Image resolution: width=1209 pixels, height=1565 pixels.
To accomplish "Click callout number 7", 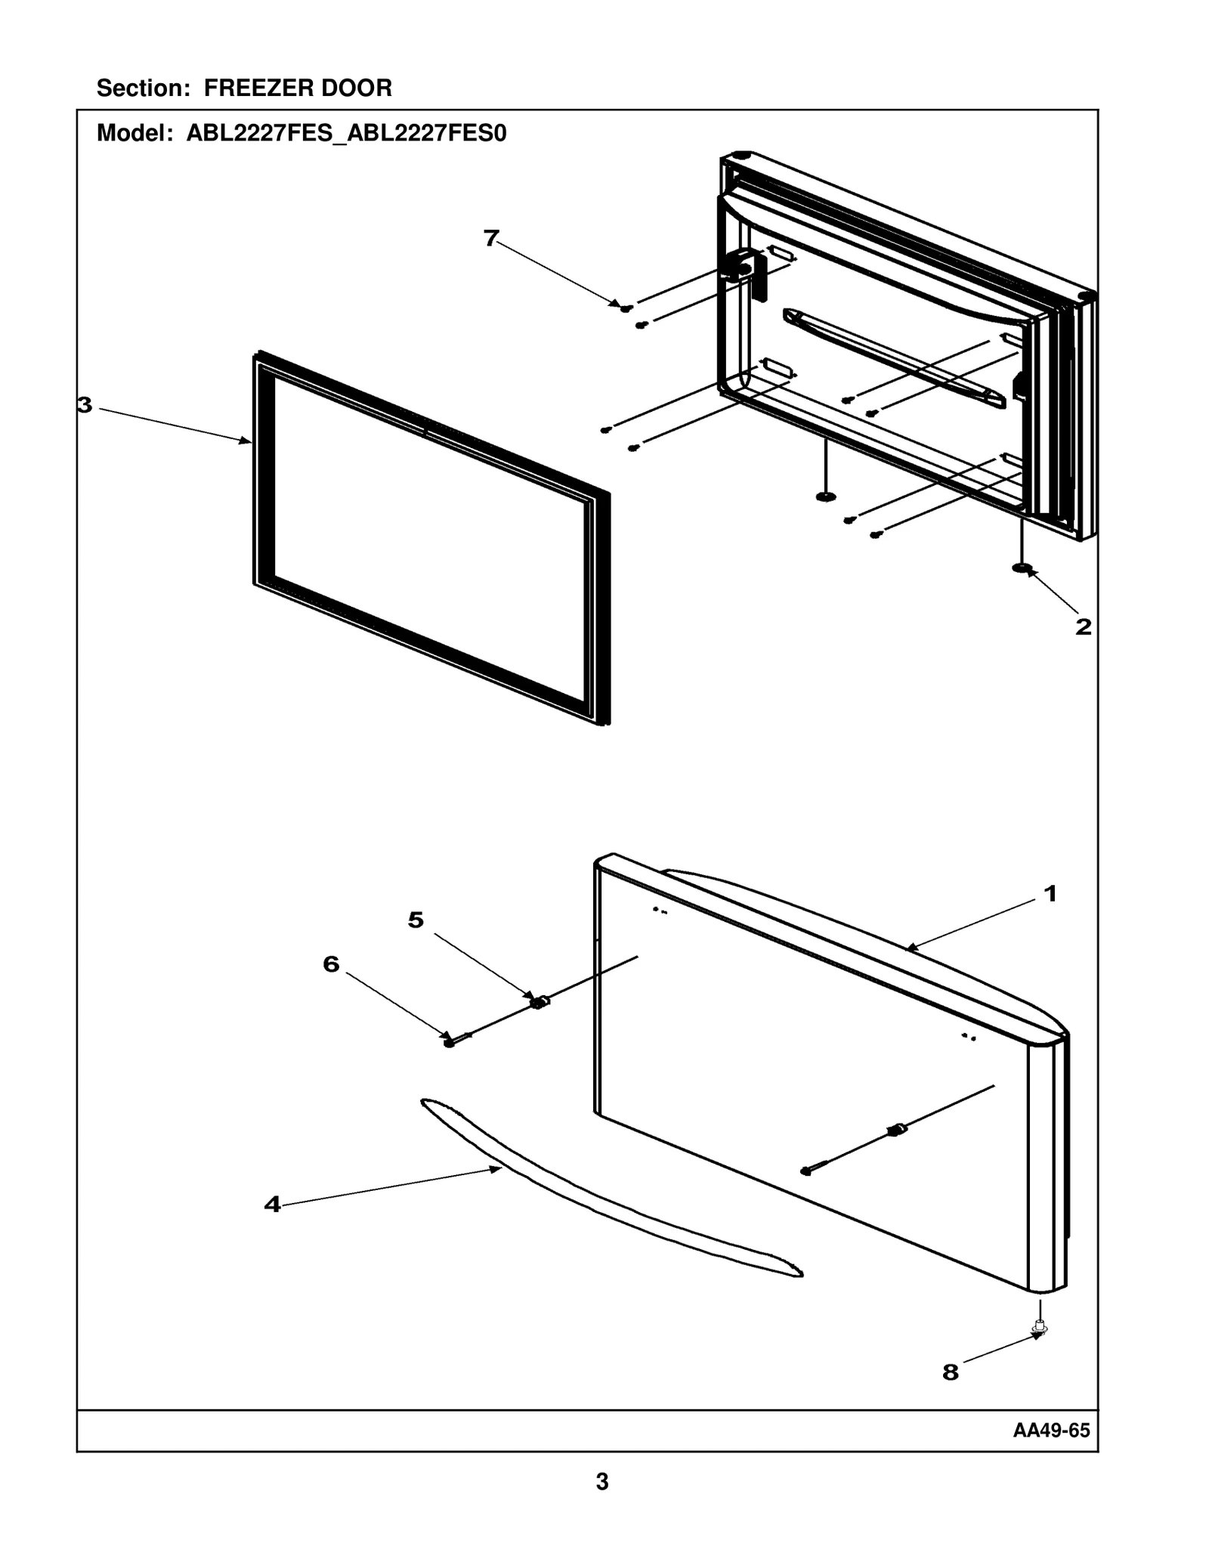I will click(x=491, y=238).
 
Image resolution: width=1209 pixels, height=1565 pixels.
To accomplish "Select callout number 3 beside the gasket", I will click(x=85, y=406).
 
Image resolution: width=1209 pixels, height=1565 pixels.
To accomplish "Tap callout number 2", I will click(x=1083, y=626).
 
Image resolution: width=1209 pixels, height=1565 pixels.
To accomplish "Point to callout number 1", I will click(x=1050, y=894).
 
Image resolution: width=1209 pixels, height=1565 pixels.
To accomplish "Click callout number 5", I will click(x=416, y=920).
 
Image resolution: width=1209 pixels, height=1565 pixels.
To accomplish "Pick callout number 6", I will click(x=331, y=964).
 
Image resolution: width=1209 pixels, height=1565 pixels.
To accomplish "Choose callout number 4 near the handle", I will click(x=272, y=1205).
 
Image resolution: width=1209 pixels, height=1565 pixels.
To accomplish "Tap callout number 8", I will click(x=950, y=1372).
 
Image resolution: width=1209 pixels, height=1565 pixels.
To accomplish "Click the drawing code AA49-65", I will click(x=1051, y=1430).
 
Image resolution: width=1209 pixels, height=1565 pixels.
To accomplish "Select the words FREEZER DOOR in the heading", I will click(x=298, y=88).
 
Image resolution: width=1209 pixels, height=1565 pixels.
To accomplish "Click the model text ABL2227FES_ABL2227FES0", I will click(x=346, y=134).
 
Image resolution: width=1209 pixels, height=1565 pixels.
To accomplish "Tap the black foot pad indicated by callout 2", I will click(x=1022, y=568).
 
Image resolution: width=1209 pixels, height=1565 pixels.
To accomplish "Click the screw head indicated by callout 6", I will click(x=450, y=1043).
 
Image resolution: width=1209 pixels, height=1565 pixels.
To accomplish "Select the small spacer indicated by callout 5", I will click(x=539, y=1002).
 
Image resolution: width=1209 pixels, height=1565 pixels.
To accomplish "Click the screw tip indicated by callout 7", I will click(x=626, y=308).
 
